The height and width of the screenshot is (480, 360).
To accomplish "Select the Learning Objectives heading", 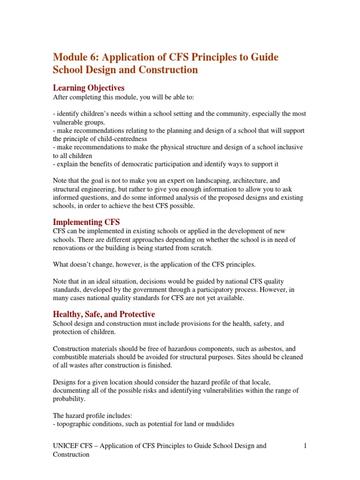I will point(89,88).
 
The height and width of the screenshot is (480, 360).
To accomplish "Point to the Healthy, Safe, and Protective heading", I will point(104,314).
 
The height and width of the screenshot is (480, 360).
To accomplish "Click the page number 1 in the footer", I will point(305,446).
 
